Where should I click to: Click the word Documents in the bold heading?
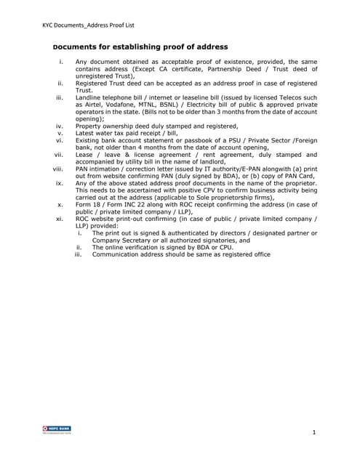pyautogui.click(x=79, y=46)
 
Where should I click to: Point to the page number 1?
pyautogui.click(x=313, y=433)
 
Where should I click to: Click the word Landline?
pyautogui.click(x=90, y=97)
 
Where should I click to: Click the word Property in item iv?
pyautogui.click(x=91, y=125)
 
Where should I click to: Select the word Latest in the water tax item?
pyautogui.click(x=87, y=132)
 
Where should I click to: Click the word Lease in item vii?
pyautogui.click(x=87, y=154)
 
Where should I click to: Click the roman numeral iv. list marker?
pyautogui.click(x=60, y=125)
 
